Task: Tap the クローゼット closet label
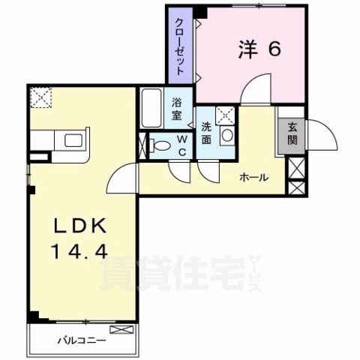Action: (x=181, y=46)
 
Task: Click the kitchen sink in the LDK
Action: (x=75, y=139)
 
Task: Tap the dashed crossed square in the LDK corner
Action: (x=40, y=96)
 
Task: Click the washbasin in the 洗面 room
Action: (x=229, y=136)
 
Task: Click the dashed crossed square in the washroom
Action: (x=223, y=115)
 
